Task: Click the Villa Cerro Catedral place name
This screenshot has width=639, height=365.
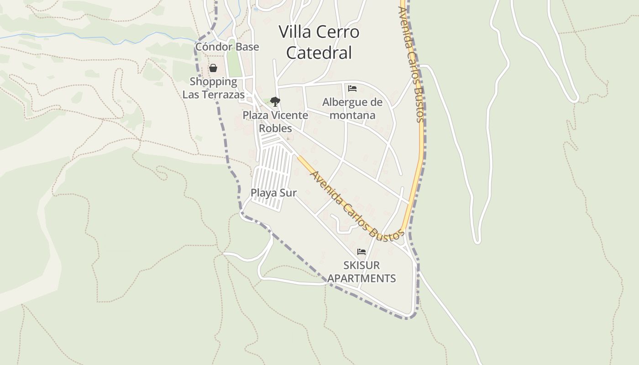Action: [x=319, y=42]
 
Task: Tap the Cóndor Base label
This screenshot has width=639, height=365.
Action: [x=227, y=47]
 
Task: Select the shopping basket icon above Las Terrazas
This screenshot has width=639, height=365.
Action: [x=213, y=68]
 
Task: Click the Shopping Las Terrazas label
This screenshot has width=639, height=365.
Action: [x=214, y=88]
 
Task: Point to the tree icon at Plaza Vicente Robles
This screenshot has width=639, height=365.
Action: [x=275, y=102]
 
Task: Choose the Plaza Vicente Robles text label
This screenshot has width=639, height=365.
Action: [x=275, y=121]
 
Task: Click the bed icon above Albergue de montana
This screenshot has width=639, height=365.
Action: [x=352, y=89]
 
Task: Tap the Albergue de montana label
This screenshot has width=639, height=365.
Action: [x=352, y=109]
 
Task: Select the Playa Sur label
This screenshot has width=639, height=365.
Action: [x=273, y=193]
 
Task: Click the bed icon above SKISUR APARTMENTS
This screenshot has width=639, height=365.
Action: [x=361, y=252]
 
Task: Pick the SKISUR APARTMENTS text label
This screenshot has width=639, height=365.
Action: [x=361, y=271]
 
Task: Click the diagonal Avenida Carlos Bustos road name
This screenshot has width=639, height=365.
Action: [x=356, y=206]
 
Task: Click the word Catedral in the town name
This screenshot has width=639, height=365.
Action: [x=319, y=53]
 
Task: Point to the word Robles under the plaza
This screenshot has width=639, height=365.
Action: [x=275, y=129]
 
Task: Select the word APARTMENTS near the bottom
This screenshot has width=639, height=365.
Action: [x=361, y=278]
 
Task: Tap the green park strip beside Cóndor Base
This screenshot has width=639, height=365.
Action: [x=234, y=64]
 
